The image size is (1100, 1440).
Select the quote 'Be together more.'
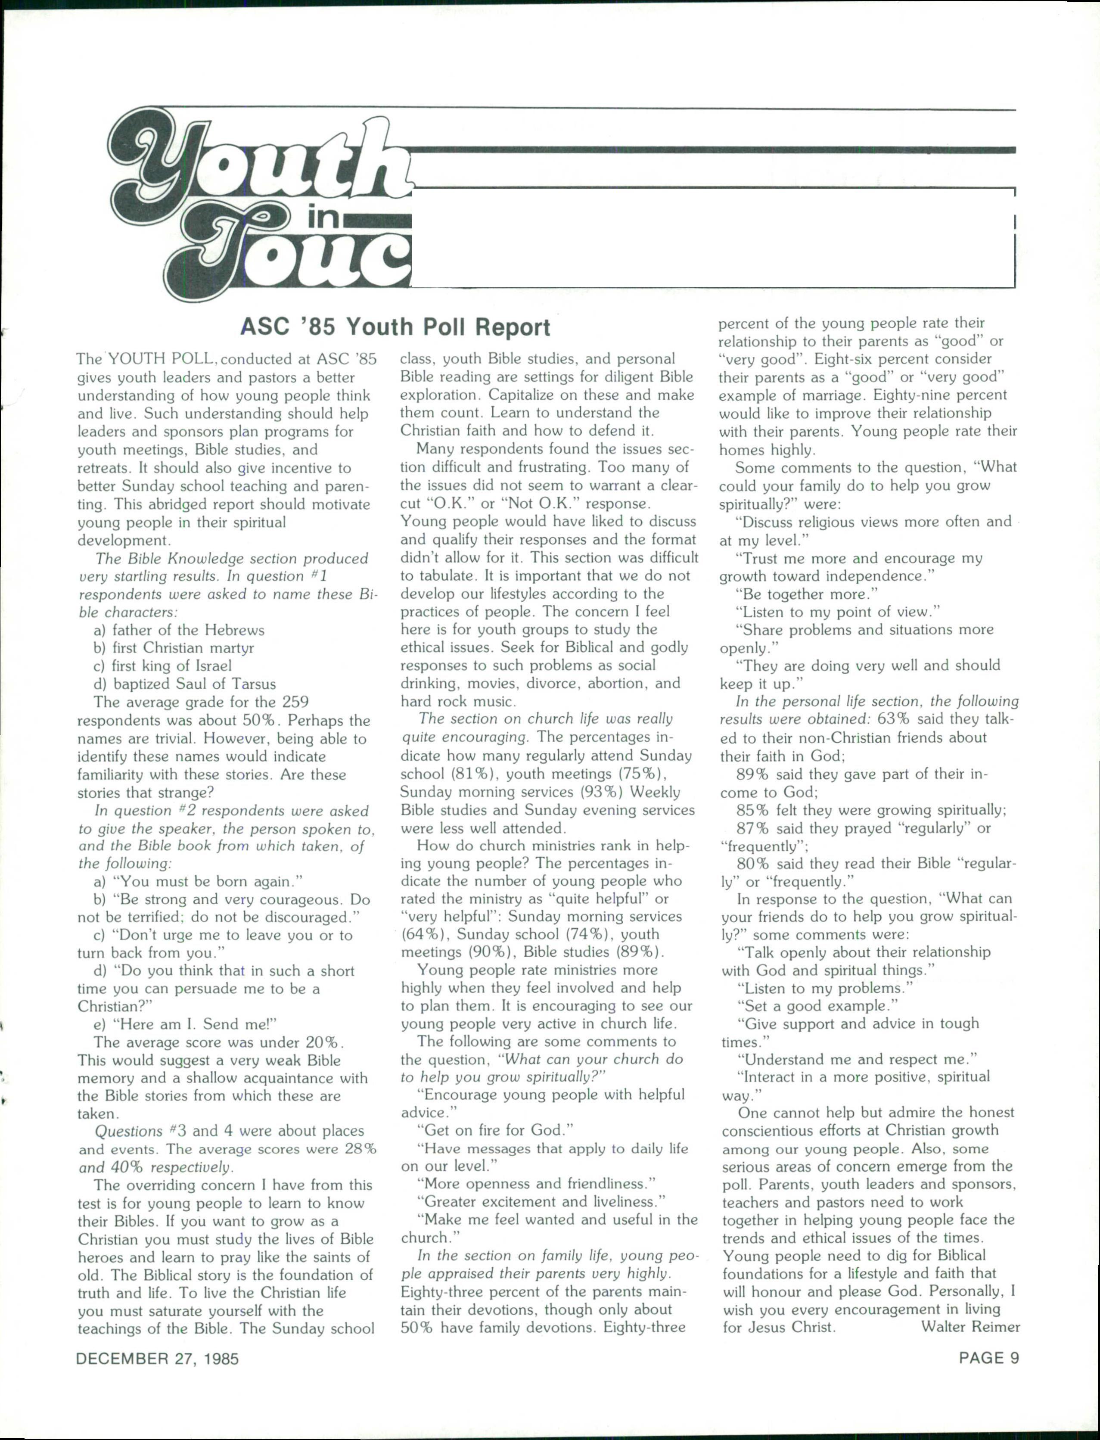point(807,594)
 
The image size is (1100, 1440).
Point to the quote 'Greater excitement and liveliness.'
point(541,1202)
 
